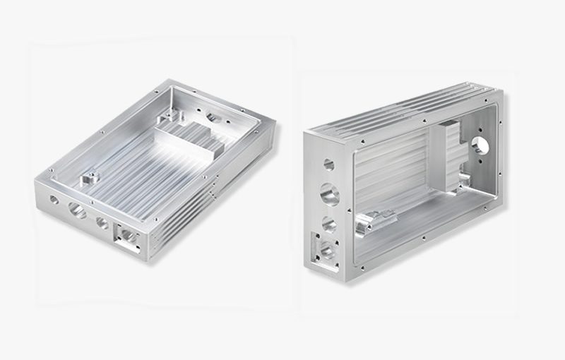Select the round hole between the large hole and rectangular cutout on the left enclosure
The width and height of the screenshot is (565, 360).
(x=102, y=224)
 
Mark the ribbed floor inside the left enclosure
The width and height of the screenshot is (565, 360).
(x=141, y=169)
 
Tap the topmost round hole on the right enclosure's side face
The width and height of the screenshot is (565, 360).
(x=328, y=164)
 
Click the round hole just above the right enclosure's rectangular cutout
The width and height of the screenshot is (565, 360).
(x=330, y=224)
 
